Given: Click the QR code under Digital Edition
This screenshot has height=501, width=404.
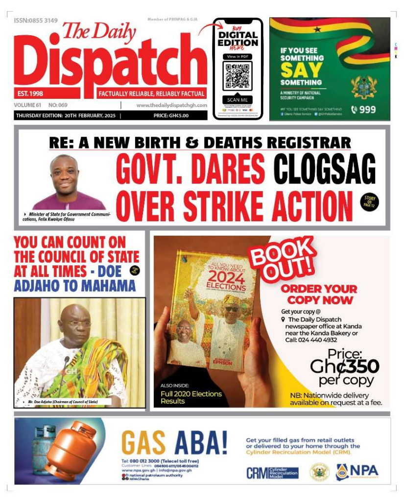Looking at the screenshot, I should (238, 75).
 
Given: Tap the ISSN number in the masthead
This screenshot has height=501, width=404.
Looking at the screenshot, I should (36, 21).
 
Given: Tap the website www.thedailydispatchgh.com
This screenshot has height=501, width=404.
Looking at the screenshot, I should (171, 105).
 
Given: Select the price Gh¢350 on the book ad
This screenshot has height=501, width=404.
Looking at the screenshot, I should (344, 366).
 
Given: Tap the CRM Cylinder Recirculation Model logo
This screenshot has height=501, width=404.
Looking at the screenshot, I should (272, 473).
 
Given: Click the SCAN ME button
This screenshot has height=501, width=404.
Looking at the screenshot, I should (238, 100).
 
